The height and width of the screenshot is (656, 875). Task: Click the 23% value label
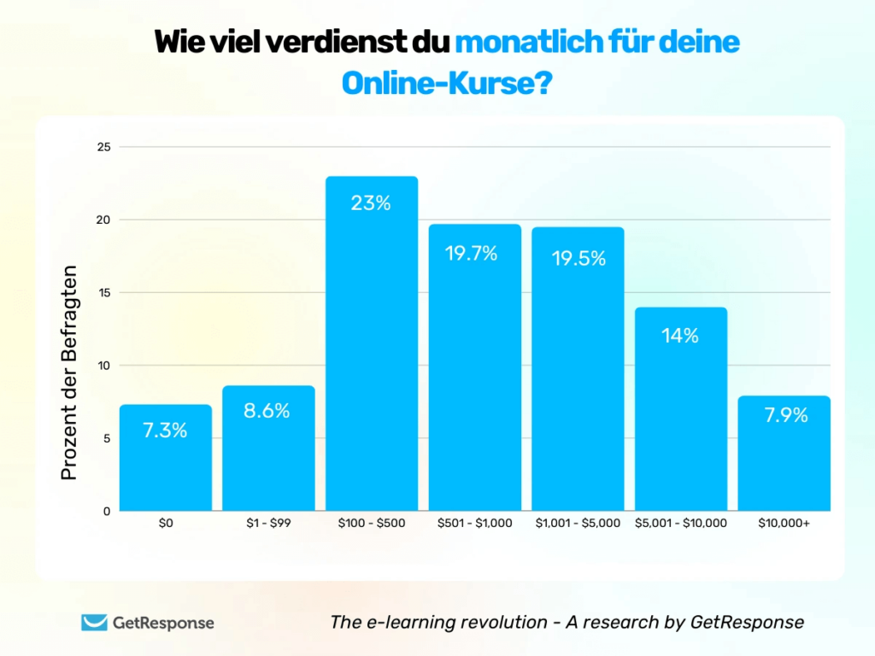pos(372,203)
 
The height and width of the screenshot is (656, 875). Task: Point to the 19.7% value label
pos(474,253)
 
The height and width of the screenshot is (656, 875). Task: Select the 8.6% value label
pos(268,411)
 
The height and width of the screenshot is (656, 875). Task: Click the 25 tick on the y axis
pos(103,147)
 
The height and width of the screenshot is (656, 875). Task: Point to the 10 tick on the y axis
pos(103,366)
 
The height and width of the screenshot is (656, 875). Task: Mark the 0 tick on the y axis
pos(107,512)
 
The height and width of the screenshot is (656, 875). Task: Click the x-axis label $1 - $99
pos(268,523)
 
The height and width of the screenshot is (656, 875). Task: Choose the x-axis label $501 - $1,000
pos(474,523)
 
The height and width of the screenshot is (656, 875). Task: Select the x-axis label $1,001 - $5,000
pos(578,523)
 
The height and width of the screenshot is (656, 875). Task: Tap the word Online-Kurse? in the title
pos(445,83)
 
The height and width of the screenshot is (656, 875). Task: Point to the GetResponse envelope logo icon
pos(94,623)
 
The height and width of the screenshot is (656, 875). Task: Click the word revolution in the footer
pos(496,623)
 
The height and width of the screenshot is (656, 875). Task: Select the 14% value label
pos(680,336)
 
